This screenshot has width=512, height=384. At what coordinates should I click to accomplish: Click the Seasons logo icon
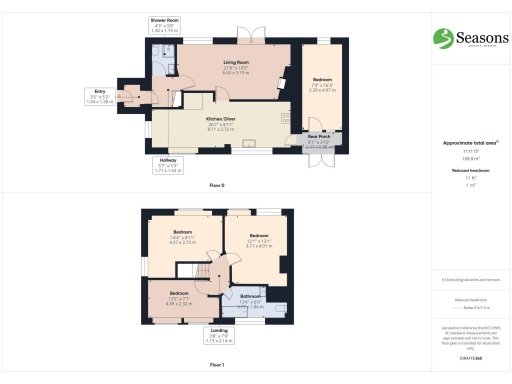coord(441,37)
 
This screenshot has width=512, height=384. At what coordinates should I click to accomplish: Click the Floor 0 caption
coord(217,186)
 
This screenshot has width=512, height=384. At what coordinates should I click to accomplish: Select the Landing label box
coord(217,335)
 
